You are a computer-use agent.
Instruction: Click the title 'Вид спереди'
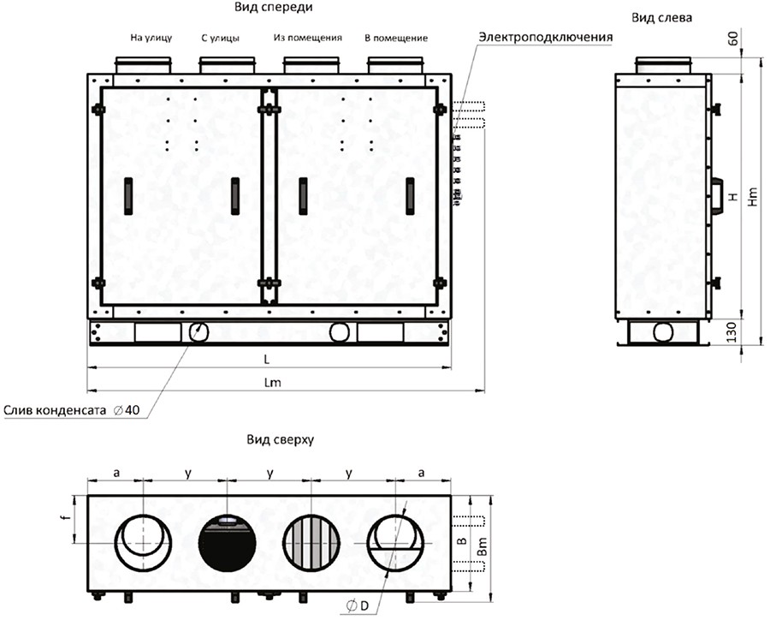pos(273,8)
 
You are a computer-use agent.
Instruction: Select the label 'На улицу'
pos(151,38)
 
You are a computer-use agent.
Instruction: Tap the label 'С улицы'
pos(221,38)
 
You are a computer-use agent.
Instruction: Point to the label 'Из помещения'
pos(308,38)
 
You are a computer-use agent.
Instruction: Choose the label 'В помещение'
pos(396,38)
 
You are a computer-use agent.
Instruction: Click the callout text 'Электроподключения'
pos(546,38)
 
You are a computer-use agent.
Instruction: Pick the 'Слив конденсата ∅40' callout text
pos(72,410)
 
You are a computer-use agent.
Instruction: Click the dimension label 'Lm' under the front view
pos(273,383)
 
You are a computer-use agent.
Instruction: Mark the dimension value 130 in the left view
pos(731,332)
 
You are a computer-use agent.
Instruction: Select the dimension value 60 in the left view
pos(732,39)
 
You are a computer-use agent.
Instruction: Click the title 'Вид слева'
pos(661,18)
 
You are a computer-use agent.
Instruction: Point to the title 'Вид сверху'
pos(280,439)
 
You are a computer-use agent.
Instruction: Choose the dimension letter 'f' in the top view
pos(68,518)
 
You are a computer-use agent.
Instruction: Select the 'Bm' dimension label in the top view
pos(483,546)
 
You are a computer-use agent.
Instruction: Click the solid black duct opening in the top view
pos(228,543)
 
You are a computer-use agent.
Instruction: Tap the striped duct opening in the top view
pos(311,543)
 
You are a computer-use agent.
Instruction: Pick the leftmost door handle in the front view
pos(128,196)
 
